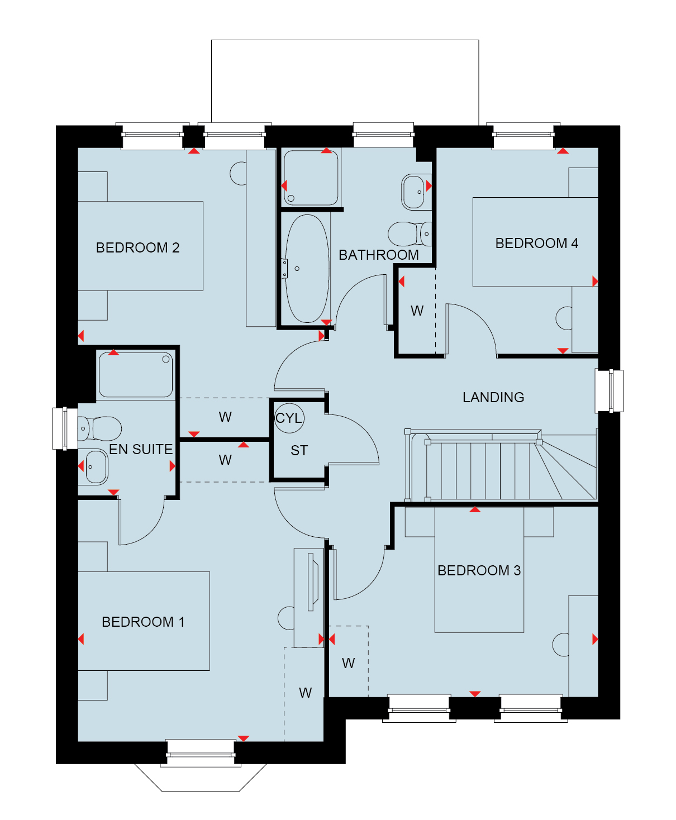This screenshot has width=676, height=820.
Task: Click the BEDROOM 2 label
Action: point(137,247)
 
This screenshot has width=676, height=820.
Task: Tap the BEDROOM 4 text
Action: point(536,243)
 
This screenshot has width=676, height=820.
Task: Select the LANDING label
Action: point(493,398)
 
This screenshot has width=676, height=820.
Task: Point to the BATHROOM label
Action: point(379,255)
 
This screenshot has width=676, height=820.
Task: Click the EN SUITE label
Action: point(141,449)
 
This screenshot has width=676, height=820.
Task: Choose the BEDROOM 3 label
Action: point(479,570)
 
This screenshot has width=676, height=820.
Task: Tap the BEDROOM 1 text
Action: point(143,622)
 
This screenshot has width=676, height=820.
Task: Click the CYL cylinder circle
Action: point(289,418)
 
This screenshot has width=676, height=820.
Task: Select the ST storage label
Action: point(299,450)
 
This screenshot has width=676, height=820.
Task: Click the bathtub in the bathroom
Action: point(307,269)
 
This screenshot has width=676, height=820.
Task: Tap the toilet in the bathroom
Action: point(410,233)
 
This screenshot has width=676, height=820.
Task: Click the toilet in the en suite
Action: point(100,428)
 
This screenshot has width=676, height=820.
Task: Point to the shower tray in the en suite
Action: point(136,375)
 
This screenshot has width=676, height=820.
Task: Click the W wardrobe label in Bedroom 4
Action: point(417,311)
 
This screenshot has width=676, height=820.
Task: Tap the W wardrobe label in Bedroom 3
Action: point(349,663)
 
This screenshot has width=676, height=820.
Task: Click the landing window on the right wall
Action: point(609,391)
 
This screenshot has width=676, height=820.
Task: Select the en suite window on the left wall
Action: point(65,428)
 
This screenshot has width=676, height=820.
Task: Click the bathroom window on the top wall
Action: point(383,135)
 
